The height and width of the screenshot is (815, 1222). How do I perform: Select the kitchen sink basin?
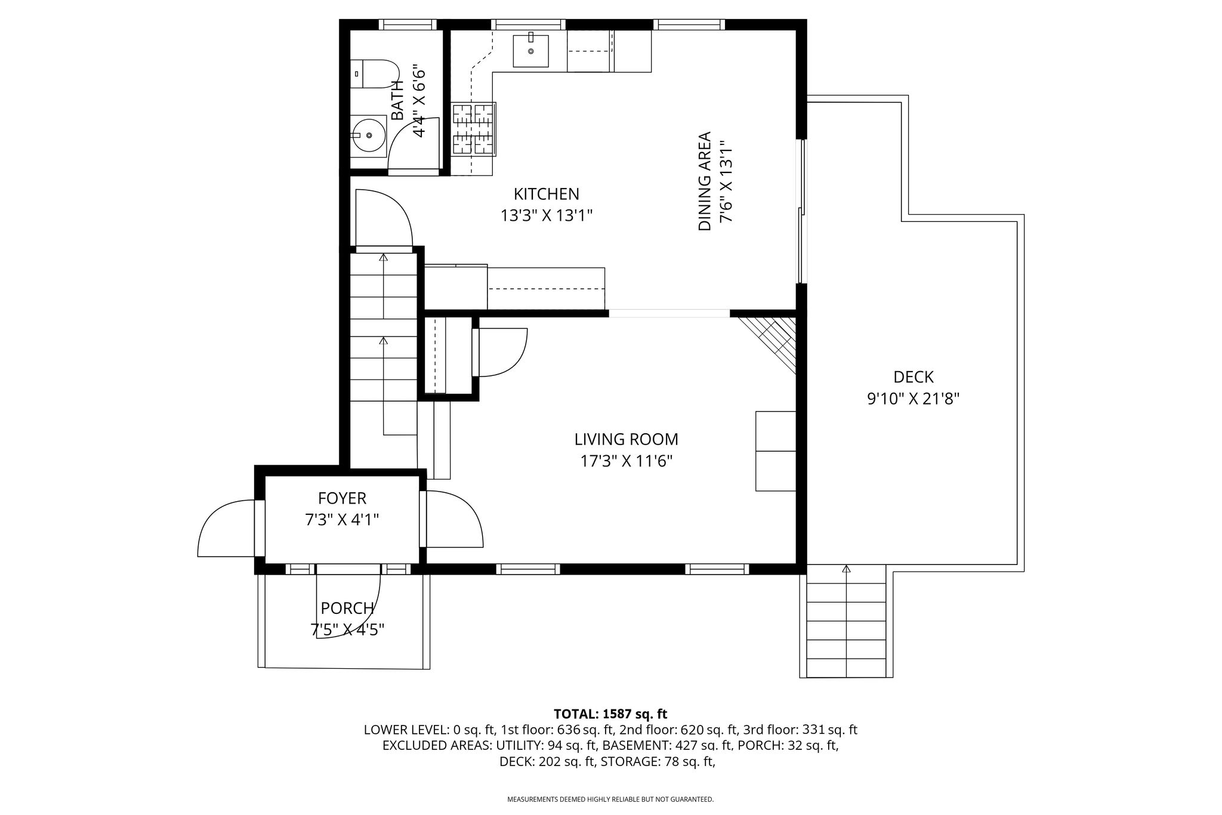(530, 51)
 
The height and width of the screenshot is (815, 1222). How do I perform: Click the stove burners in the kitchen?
(474, 129)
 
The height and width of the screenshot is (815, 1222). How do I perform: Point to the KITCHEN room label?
(547, 194)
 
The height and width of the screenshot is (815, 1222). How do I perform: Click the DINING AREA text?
(705, 181)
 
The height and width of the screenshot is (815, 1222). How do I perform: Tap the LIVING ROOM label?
(627, 440)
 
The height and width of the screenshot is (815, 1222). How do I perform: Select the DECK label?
(914, 377)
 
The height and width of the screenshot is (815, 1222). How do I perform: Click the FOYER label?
(342, 498)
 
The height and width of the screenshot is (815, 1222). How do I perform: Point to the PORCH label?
(347, 609)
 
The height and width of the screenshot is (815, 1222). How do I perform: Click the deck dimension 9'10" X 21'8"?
(914, 399)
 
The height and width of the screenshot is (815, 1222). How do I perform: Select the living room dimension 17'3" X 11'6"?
(627, 461)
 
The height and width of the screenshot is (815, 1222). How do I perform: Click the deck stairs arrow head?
(846, 569)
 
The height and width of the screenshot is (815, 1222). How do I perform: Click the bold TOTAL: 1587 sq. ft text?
(610, 714)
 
